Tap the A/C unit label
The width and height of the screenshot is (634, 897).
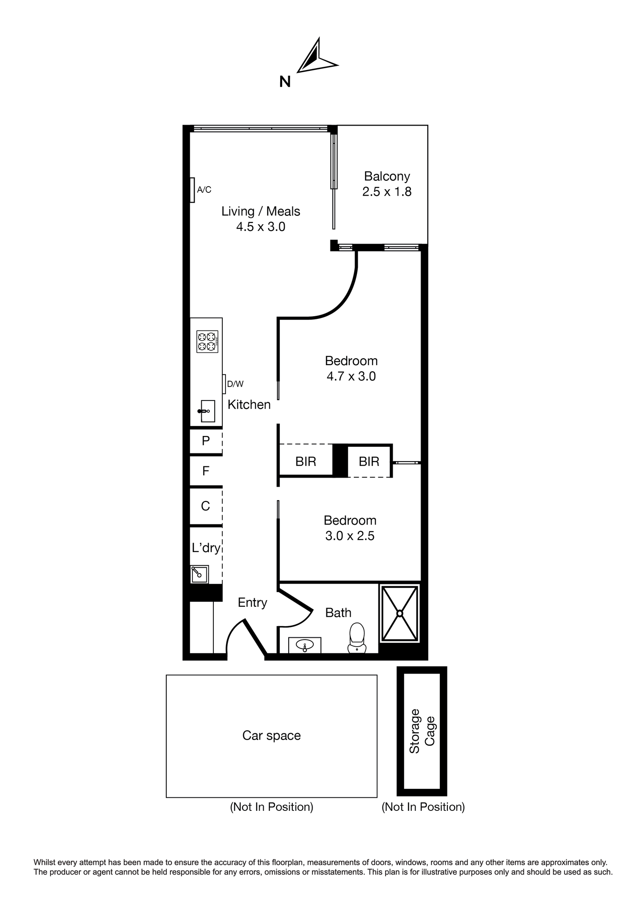(x=204, y=190)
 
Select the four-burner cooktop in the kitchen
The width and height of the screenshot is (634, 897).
(x=208, y=342)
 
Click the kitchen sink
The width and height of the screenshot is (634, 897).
(x=207, y=411)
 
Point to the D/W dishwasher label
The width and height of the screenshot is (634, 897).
(x=235, y=384)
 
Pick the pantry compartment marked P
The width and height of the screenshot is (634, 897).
(x=206, y=441)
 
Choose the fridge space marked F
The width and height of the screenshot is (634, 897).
(x=206, y=471)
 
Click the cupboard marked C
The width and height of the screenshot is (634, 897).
(x=206, y=506)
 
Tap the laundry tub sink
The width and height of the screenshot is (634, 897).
(x=200, y=574)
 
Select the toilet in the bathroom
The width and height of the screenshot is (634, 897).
(x=357, y=637)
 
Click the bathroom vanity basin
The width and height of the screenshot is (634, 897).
(x=305, y=645)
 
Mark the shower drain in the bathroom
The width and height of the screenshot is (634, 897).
(x=400, y=613)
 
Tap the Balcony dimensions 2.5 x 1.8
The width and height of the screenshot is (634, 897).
(x=387, y=192)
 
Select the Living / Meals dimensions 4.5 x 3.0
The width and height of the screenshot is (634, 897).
(x=261, y=227)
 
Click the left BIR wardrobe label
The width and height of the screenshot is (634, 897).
(x=306, y=462)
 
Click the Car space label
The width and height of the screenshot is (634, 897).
(x=272, y=736)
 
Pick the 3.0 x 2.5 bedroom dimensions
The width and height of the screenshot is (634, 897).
(x=350, y=536)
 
